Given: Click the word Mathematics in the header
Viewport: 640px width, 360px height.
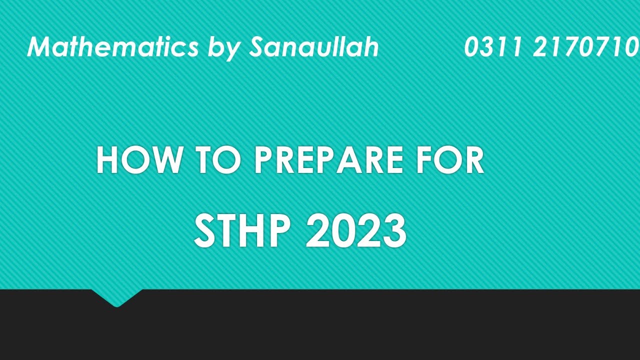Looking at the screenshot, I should (x=113, y=47).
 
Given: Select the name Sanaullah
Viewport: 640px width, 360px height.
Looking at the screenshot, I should (x=313, y=47).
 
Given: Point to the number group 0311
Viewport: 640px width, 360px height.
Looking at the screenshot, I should (x=493, y=47).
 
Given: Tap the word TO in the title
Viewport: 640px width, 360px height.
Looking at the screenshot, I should (x=218, y=160).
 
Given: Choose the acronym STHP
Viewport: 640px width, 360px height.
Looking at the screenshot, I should (x=242, y=231).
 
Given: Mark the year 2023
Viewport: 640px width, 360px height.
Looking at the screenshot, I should (x=356, y=231).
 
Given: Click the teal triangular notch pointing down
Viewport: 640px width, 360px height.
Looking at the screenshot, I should (x=116, y=297).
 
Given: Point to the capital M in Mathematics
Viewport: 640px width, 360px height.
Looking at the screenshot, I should (x=40, y=47).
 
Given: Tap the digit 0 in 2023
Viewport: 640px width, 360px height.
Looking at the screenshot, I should (x=343, y=231).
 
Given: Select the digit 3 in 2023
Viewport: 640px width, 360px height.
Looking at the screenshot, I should (x=393, y=231).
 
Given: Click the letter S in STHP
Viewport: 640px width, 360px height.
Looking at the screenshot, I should (x=204, y=231).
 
